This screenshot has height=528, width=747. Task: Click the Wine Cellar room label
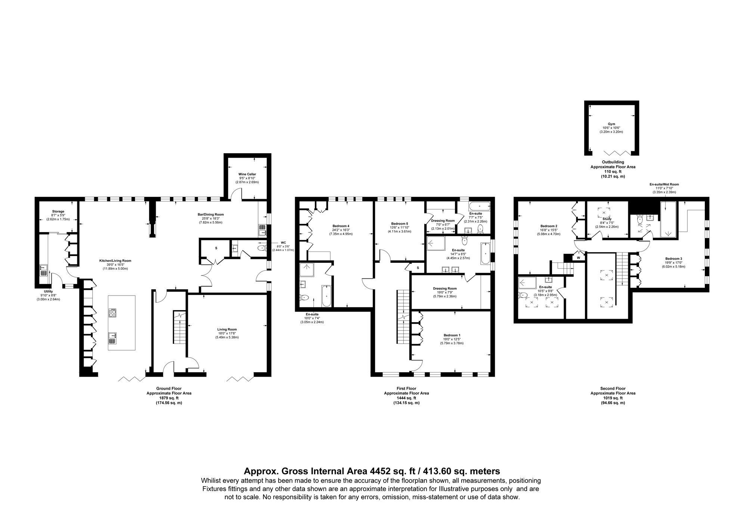pyautogui.click(x=247, y=174)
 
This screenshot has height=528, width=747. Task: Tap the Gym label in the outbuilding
pyautogui.click(x=611, y=124)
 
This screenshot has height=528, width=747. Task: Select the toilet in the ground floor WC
pyautogui.click(x=261, y=248)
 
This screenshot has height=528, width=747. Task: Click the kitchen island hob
pyautogui.click(x=112, y=313)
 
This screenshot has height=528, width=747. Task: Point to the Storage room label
pyautogui.click(x=58, y=211)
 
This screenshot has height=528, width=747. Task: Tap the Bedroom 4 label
pyautogui.click(x=341, y=226)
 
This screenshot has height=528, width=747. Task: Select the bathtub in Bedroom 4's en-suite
pyautogui.click(x=326, y=296)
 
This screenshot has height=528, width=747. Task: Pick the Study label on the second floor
pyautogui.click(x=607, y=219)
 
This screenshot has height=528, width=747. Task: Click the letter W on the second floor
pyautogui.click(x=579, y=257)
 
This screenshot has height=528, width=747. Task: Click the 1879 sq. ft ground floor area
pyautogui.click(x=169, y=398)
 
